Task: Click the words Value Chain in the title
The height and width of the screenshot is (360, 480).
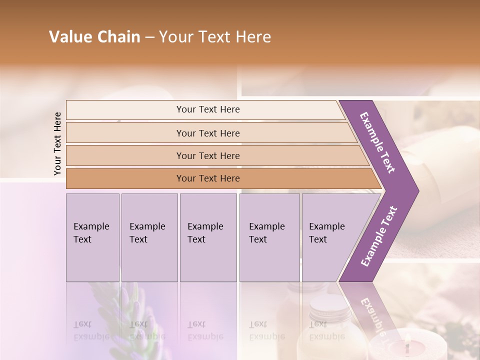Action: (x=94, y=37)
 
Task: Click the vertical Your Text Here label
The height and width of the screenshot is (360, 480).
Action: (x=57, y=143)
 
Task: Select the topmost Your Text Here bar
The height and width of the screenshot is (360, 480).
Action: (x=207, y=109)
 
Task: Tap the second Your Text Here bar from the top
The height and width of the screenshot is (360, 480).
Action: (x=207, y=133)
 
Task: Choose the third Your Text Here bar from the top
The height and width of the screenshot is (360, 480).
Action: (x=207, y=155)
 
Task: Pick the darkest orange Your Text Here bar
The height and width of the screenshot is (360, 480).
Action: (x=207, y=178)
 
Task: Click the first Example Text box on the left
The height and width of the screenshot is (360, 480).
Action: (x=92, y=237)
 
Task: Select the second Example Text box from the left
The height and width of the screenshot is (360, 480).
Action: (x=149, y=237)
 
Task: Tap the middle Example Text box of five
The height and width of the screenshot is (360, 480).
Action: (x=208, y=237)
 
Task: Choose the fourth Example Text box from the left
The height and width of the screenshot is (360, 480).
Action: (x=269, y=237)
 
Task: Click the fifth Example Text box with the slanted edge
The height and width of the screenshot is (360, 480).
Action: (x=330, y=237)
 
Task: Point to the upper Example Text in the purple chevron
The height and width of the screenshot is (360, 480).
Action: (x=377, y=142)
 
